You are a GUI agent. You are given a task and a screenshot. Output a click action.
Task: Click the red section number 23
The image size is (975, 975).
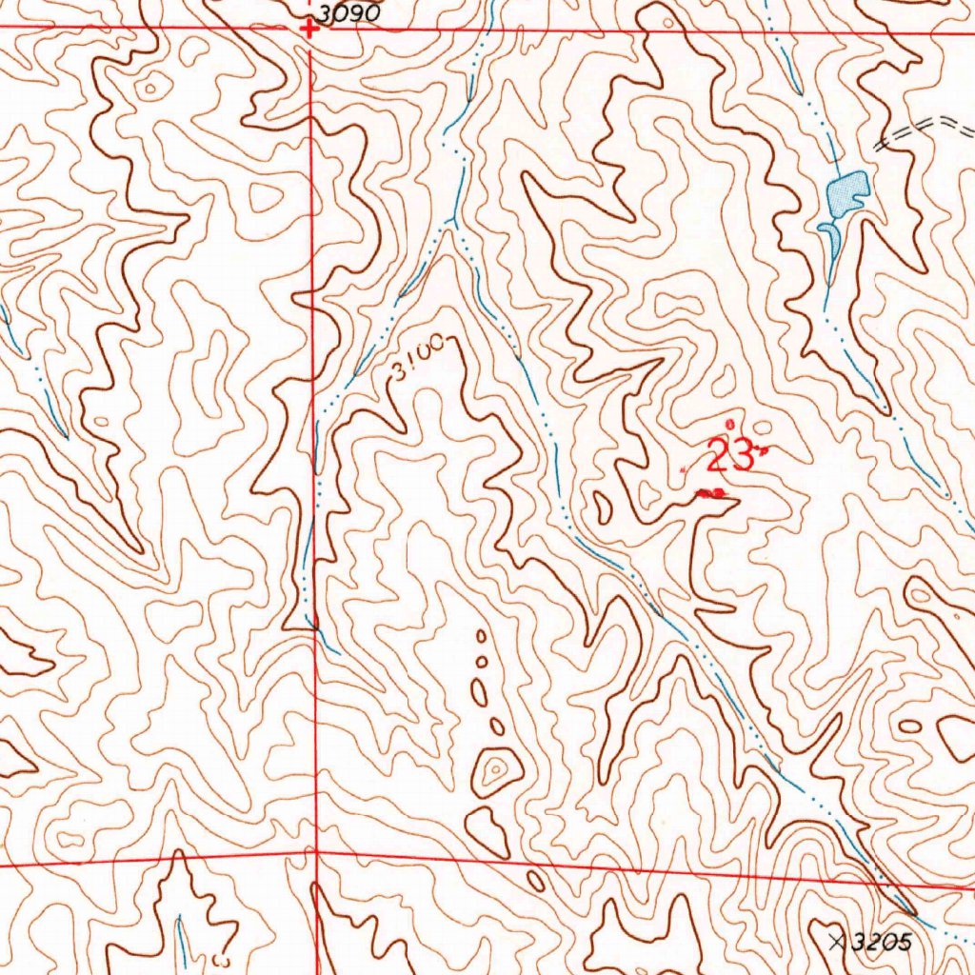click(729, 458)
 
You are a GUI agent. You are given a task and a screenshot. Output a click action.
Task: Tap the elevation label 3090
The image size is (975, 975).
click(348, 13)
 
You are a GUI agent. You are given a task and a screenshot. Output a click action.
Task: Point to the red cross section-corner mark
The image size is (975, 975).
click(308, 29)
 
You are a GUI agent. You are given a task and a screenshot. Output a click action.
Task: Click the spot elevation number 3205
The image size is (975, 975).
click(882, 943)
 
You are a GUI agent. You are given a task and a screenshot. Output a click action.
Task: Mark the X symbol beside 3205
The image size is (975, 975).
click(837, 943)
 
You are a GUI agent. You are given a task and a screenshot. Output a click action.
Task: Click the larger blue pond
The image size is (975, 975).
click(846, 192)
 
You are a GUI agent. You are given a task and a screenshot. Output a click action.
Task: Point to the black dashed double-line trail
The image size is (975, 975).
click(924, 131)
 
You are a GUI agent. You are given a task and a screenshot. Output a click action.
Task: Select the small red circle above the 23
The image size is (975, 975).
click(730, 423)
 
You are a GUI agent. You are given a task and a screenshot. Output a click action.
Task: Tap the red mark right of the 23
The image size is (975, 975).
click(762, 450)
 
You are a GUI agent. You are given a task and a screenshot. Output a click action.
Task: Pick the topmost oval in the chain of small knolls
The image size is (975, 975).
click(481, 635)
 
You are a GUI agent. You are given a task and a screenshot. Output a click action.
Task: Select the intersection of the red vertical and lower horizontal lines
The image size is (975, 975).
click(316, 853)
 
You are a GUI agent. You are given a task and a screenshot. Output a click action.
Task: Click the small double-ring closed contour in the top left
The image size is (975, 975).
click(149, 89)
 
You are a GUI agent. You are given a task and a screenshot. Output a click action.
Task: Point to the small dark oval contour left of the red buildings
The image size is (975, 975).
click(602, 507)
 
